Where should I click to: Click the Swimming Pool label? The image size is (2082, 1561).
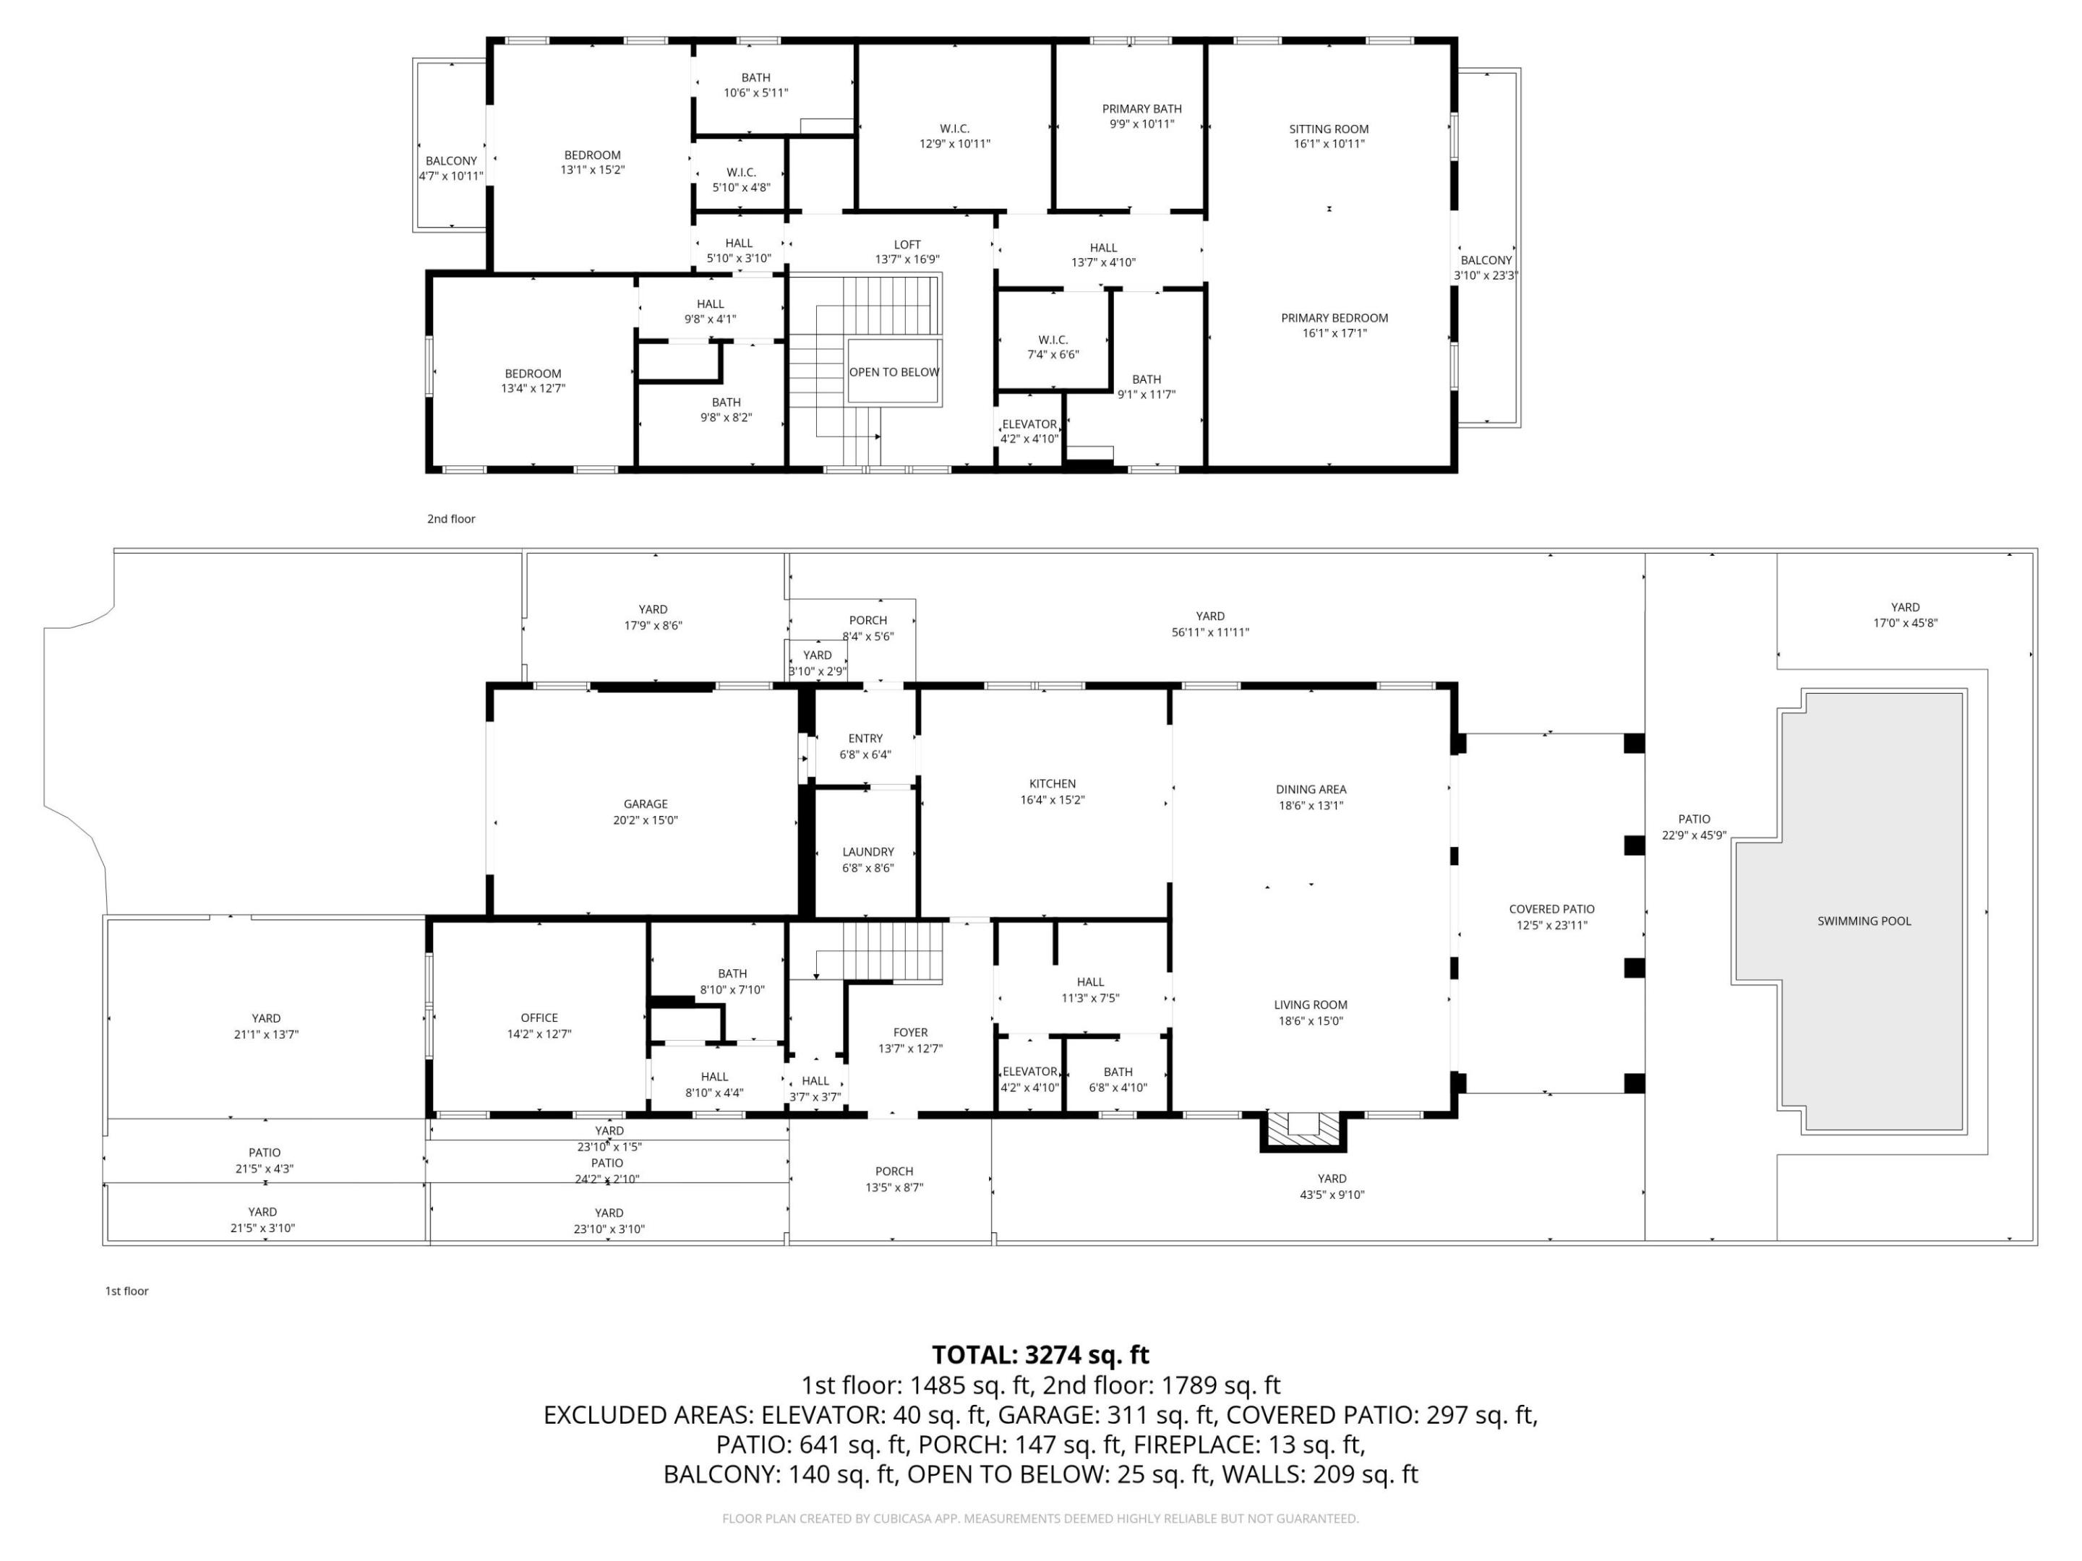point(1864,921)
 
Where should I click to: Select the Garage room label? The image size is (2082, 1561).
point(645,804)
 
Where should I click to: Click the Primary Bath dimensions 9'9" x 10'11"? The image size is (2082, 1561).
point(1141,124)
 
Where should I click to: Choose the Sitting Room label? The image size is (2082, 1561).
point(1328,129)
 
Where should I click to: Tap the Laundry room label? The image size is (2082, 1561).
point(867,851)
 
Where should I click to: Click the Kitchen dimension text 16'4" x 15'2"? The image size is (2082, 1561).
point(1053,800)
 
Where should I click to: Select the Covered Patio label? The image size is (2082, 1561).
point(1551,909)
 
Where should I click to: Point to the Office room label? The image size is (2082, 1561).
point(539,1018)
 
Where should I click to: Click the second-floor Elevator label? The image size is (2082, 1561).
point(1029,424)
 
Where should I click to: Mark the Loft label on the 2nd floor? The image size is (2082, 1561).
point(907,245)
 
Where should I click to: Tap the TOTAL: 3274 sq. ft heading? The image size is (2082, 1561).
point(1040,1354)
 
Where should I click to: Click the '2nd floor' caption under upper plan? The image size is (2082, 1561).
point(451,518)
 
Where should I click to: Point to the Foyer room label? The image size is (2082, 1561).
point(909,1032)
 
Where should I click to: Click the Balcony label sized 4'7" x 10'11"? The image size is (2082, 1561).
point(451,161)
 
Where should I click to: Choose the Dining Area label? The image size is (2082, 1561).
point(1310,789)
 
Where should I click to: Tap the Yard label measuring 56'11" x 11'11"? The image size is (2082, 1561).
point(1209,616)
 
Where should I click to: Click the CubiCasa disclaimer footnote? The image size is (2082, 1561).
point(1040,1518)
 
